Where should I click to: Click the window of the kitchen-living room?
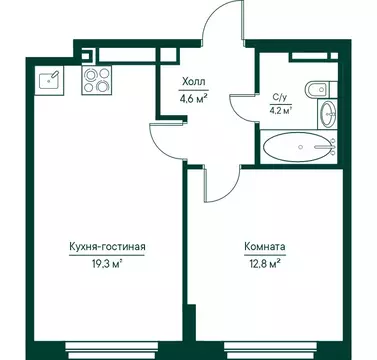pyautogui.click(x=100, y=350)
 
